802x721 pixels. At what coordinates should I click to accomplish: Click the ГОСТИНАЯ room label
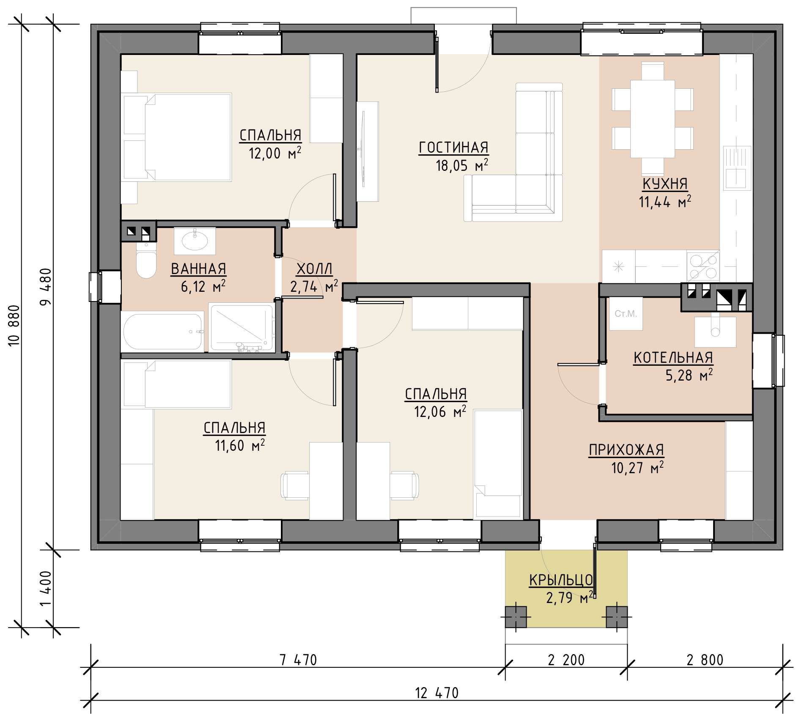[x=453, y=148]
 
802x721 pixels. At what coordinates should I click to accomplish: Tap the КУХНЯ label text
[x=665, y=184]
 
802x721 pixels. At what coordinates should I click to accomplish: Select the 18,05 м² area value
[x=462, y=165]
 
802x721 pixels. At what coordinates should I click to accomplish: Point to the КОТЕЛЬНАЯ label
[x=673, y=358]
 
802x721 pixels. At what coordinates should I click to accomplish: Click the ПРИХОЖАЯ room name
[x=626, y=450]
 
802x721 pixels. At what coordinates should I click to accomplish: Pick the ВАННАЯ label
[x=198, y=269]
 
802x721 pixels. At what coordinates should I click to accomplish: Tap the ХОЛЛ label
[x=314, y=269]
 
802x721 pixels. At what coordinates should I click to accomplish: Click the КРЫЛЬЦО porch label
[x=561, y=581]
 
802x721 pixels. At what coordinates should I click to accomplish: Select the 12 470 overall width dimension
[x=437, y=693]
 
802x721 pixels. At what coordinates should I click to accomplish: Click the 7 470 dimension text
[x=298, y=660]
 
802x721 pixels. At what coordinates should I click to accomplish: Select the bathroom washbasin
[x=195, y=240]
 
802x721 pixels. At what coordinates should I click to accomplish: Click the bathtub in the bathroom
[x=163, y=331]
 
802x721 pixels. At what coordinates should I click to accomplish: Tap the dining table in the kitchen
[x=653, y=119]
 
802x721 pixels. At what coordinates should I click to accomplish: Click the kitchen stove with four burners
[x=703, y=266]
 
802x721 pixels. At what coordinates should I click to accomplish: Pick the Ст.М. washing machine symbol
[x=626, y=314]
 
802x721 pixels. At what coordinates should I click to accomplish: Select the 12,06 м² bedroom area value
[x=440, y=411]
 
